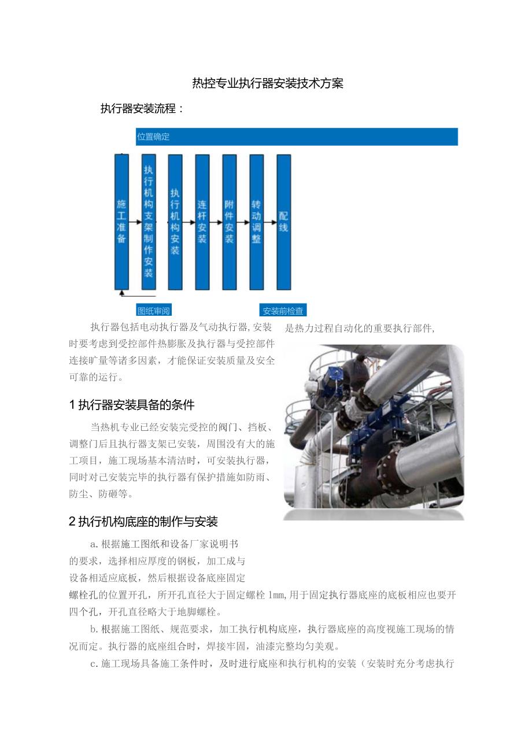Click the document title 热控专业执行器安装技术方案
click(x=267, y=83)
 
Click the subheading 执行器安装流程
click(x=142, y=109)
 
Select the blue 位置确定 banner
click(x=297, y=137)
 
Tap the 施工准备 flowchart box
click(x=121, y=222)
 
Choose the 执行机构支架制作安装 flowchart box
click(x=149, y=222)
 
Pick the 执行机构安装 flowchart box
click(x=175, y=222)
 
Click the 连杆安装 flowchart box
click(x=202, y=222)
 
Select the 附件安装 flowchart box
click(x=230, y=222)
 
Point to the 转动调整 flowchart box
click(x=256, y=222)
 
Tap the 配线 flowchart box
click(x=283, y=222)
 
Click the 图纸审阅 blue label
click(x=154, y=311)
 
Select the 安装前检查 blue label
click(x=283, y=311)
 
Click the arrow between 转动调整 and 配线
click(x=270, y=222)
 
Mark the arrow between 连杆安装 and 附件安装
click(x=216, y=222)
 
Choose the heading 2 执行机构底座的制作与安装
click(x=143, y=522)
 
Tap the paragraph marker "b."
click(x=94, y=629)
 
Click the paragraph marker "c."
click(x=94, y=663)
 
